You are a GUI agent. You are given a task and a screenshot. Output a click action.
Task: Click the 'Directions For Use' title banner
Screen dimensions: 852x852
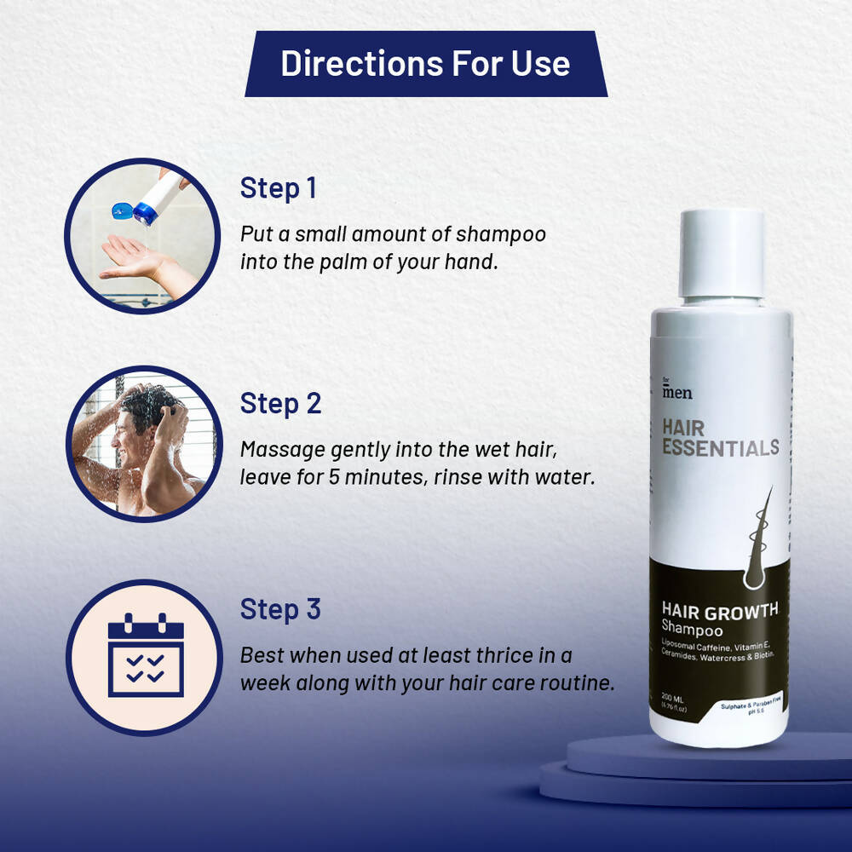426,64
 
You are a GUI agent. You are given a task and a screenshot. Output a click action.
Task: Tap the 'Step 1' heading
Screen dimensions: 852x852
278,188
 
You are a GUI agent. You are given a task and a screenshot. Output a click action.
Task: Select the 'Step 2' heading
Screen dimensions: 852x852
280,403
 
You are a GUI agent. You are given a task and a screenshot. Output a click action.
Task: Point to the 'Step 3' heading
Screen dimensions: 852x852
280,609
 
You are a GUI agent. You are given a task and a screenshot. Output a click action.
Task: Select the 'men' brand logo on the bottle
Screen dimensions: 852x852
677,393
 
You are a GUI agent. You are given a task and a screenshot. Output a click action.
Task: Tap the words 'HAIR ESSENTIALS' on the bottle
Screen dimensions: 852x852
720,437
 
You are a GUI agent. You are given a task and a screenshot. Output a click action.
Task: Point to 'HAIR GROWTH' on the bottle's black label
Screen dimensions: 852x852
720,610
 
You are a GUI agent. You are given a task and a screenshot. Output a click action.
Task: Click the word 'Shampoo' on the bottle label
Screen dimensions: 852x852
693,630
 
